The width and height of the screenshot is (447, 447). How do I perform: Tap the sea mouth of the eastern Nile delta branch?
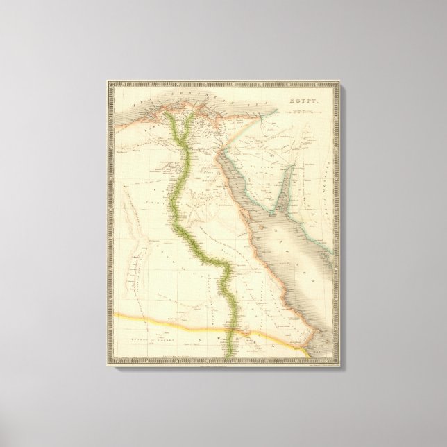(x=194, y=115)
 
